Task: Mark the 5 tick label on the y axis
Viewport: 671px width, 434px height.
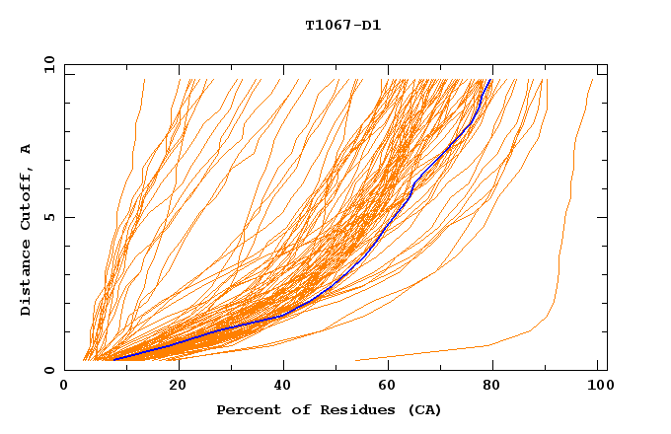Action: pos(48,217)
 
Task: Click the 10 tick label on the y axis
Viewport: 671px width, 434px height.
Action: pos(45,64)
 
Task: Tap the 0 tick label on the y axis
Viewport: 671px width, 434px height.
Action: pos(48,370)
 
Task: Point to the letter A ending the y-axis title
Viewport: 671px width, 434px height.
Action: pos(27,149)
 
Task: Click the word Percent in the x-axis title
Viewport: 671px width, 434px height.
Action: pos(247,409)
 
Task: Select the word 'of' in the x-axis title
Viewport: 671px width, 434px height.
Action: pos(293,409)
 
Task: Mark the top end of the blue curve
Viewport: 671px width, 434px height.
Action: pos(490,80)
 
